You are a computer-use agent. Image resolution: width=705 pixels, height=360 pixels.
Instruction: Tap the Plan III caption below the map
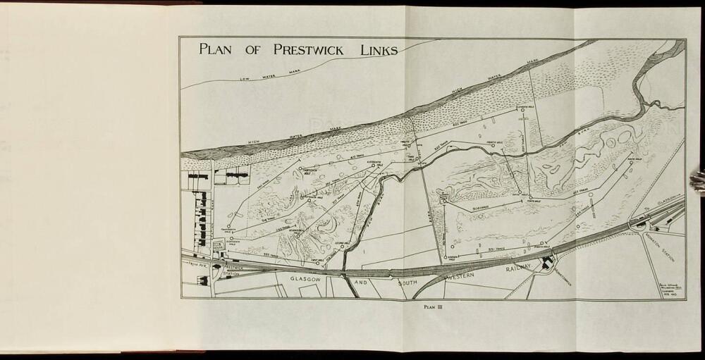tap(431, 306)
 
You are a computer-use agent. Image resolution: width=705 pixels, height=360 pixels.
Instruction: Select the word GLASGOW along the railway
tap(309, 280)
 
